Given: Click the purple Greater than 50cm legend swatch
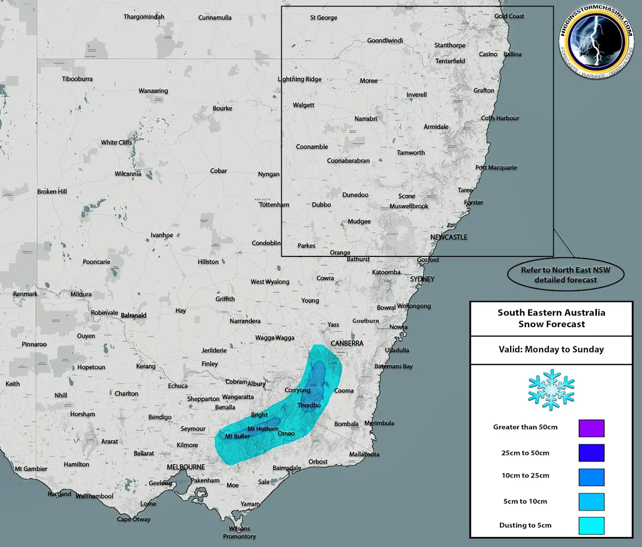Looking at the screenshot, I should [x=591, y=428].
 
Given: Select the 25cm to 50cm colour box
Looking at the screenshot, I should [x=591, y=453].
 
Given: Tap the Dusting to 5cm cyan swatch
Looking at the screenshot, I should [x=591, y=525].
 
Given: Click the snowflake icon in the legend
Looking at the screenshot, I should [x=551, y=390].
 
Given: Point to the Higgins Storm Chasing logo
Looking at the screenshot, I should [x=596, y=42].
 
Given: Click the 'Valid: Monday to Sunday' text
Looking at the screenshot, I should [x=551, y=350].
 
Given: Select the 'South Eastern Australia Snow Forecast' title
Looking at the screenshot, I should [x=551, y=318].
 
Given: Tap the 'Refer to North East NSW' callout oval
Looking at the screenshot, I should [x=565, y=275].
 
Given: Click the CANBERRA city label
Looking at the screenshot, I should [x=347, y=343].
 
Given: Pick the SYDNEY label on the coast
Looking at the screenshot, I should [x=422, y=279].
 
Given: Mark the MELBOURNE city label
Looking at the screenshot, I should [x=186, y=467].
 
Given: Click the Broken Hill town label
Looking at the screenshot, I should [x=52, y=191].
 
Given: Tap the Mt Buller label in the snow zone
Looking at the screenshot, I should [x=237, y=436].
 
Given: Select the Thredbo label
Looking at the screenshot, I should [x=309, y=405].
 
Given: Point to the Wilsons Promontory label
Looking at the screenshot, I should [x=239, y=532].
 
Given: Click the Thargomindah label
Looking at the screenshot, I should [x=144, y=17].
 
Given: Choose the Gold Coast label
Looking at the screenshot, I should [x=509, y=16].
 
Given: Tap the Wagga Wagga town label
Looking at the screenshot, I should [x=275, y=338].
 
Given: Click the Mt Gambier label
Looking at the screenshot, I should [x=31, y=469].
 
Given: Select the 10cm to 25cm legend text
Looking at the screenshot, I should [x=525, y=475].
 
